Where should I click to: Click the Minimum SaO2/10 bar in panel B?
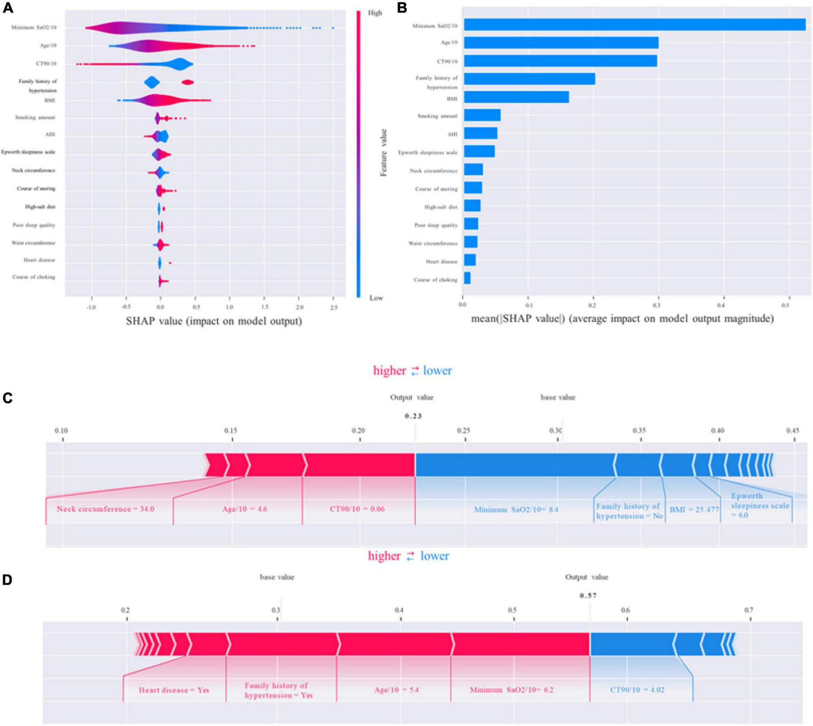(x=634, y=25)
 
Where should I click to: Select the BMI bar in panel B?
(x=516, y=97)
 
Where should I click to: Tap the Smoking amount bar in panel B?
(x=482, y=115)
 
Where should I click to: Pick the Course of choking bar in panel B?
(x=467, y=278)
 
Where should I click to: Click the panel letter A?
(x=8, y=8)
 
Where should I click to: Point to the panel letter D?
(x=7, y=580)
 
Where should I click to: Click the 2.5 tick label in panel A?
(x=334, y=307)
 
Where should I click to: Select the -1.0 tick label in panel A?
(x=91, y=307)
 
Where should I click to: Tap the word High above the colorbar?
(x=375, y=13)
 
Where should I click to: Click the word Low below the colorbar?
(x=376, y=298)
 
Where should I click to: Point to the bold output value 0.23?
(x=413, y=416)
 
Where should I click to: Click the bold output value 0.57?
(x=588, y=596)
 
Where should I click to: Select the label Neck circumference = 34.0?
(x=105, y=509)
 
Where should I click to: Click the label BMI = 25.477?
(x=694, y=510)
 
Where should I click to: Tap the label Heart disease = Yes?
(x=174, y=690)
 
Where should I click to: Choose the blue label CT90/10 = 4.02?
(x=637, y=690)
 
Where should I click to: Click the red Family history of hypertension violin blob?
(x=188, y=82)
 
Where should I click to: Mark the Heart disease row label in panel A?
(x=39, y=260)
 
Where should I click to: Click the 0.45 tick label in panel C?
(x=792, y=431)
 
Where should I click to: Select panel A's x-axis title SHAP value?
(x=214, y=321)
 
